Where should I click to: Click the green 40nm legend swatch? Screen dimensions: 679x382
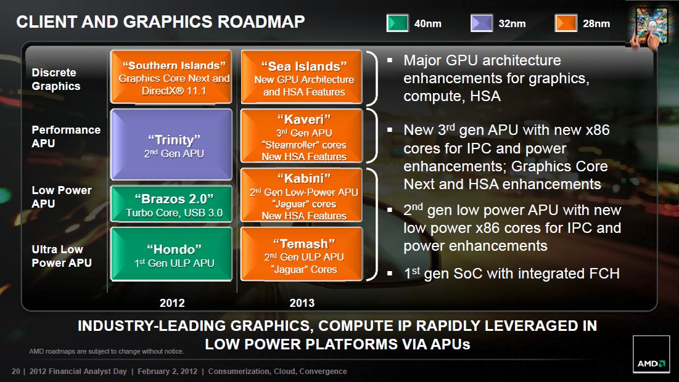click(397, 23)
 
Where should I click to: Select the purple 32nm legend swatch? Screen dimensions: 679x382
click(482, 23)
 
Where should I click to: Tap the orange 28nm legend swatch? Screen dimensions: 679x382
click(566, 23)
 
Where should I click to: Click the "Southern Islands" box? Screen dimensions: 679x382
click(171, 77)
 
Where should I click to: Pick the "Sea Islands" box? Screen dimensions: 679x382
click(302, 77)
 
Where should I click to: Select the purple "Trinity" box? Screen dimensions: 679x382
click(171, 145)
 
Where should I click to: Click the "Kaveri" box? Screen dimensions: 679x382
click(302, 136)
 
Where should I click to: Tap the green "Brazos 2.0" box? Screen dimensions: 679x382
click(171, 204)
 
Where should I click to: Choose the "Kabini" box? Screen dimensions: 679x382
click(302, 195)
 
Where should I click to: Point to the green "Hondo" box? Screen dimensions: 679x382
click(171, 254)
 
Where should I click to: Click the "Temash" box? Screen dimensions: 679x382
click(302, 254)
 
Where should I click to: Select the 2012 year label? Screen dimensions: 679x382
click(172, 303)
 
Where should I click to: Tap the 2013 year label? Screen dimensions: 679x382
click(302, 303)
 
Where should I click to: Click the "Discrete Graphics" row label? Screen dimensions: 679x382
click(56, 79)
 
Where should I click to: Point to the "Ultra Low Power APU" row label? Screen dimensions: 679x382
click(62, 256)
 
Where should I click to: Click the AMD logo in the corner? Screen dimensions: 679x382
click(651, 354)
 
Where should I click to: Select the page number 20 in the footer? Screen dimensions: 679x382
click(15, 371)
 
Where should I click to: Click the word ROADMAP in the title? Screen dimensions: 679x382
click(261, 22)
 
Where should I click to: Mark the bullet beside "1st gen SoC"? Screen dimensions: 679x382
click(390, 274)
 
